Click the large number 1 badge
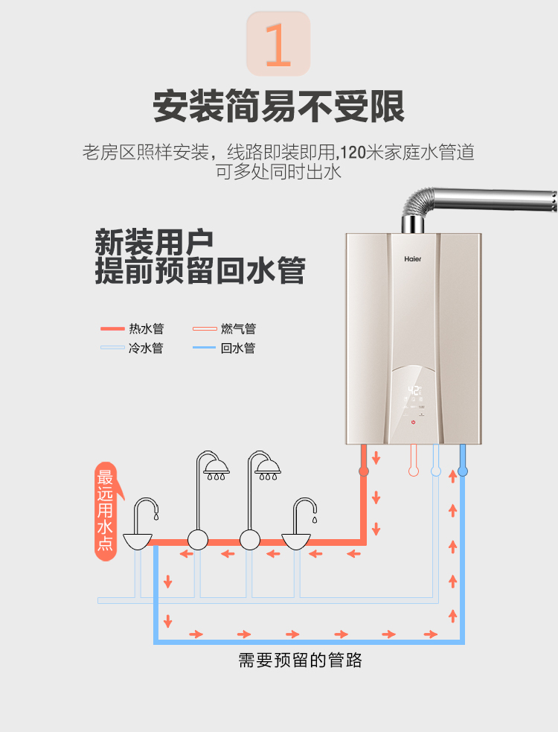pyautogui.click(x=278, y=43)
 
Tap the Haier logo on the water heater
pyautogui.click(x=412, y=260)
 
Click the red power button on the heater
pyautogui.click(x=413, y=422)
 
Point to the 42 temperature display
pyautogui.click(x=414, y=390)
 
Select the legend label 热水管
pyautogui.click(x=146, y=328)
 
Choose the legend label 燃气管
pyautogui.click(x=238, y=328)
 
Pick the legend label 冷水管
pyautogui.click(x=146, y=348)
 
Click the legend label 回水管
pyautogui.click(x=238, y=348)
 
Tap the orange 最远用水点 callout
pyautogui.click(x=106, y=511)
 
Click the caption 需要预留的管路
pyautogui.click(x=301, y=660)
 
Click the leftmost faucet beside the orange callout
pyautogui.click(x=141, y=526)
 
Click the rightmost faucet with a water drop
pyautogui.click(x=301, y=526)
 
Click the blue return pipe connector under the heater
pyautogui.click(x=463, y=471)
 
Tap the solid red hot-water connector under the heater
pyautogui.click(x=364, y=471)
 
